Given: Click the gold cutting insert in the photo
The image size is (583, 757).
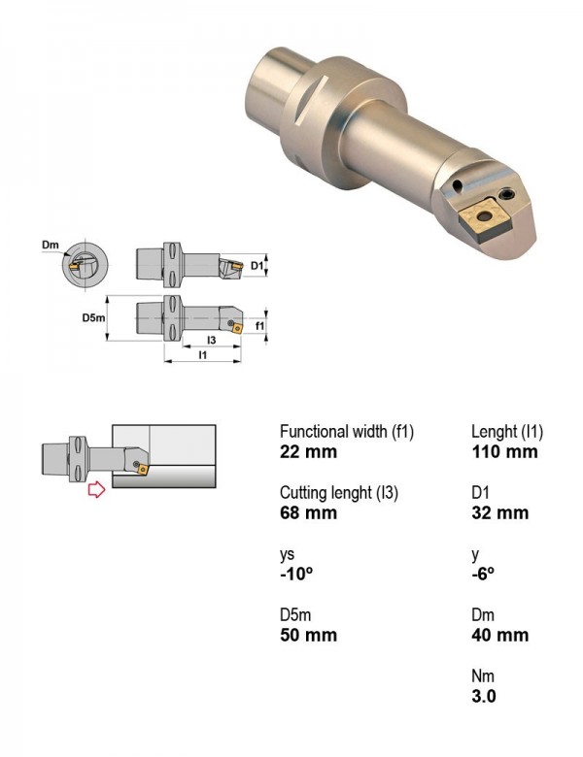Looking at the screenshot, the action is [x=484, y=220].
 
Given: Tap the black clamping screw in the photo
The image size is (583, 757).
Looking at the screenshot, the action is [x=507, y=194].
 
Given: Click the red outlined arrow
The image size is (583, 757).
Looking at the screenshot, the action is [x=97, y=489].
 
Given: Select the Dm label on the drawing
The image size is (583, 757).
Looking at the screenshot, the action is [x=50, y=245].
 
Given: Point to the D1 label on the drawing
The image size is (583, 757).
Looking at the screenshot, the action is [x=257, y=266].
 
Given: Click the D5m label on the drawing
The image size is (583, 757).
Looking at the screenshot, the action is [x=93, y=317].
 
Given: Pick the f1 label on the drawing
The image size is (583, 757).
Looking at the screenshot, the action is [x=260, y=326].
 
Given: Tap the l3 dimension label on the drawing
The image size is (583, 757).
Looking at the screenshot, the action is [x=211, y=341].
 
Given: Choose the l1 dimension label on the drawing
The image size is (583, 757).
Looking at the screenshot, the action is [x=203, y=355].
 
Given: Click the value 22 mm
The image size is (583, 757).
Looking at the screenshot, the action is [x=308, y=452].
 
